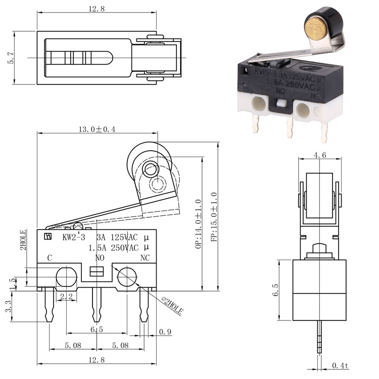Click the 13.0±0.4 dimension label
[x=97, y=129]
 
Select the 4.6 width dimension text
[x=320, y=156]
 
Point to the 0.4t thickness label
[x=340, y=365]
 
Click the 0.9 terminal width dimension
[x=165, y=332]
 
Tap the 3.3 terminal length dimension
[x=9, y=307]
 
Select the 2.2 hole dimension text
[x=65, y=296]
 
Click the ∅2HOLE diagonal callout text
[x=172, y=305]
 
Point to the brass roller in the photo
[x=315, y=26]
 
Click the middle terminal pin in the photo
[x=290, y=126]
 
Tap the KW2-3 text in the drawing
[x=73, y=237]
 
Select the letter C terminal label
[x=50, y=258]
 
